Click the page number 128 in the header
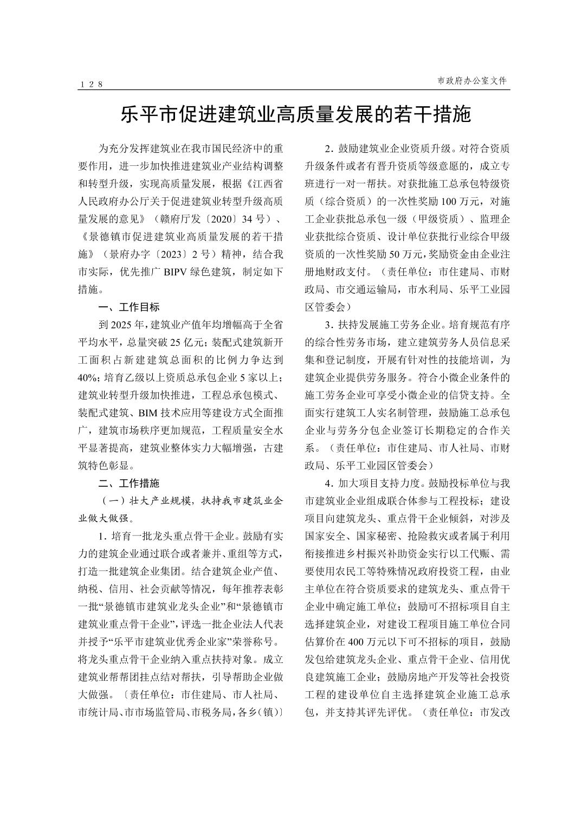[x=91, y=84]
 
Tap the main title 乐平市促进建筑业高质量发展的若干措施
[x=295, y=115]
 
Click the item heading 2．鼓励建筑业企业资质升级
[x=387, y=149]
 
